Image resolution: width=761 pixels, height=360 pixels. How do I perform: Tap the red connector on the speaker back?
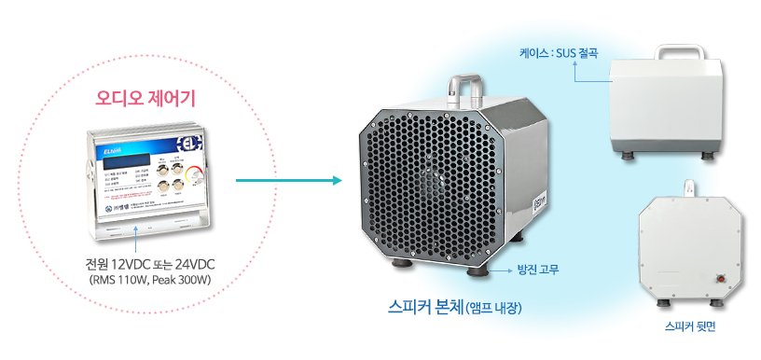click(719, 276)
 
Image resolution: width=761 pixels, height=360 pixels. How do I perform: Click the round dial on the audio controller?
click(194, 173)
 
